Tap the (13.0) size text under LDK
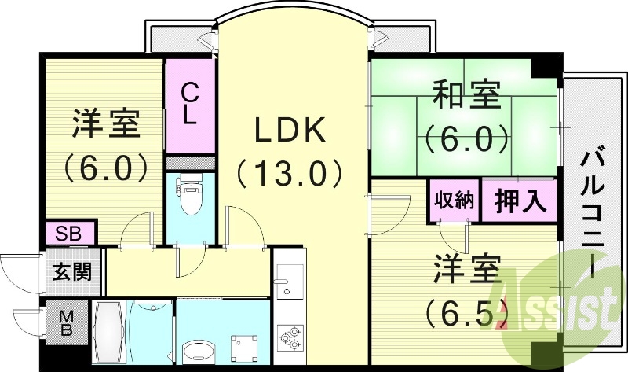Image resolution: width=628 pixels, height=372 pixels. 290,171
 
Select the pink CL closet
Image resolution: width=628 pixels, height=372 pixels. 189,105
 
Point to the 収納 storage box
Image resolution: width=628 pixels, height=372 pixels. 454,200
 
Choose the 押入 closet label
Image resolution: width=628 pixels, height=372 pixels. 520,200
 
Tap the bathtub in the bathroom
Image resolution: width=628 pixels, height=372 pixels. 108,330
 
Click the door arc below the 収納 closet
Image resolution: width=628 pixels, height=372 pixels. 452,236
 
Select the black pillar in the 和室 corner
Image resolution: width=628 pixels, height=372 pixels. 542,69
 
